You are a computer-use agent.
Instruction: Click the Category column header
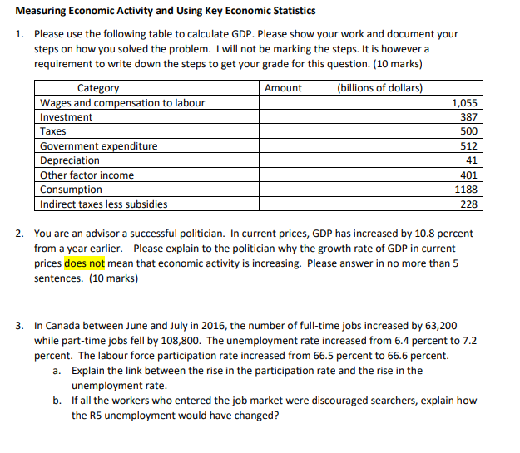(x=98, y=88)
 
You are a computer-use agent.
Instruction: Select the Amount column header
(x=283, y=88)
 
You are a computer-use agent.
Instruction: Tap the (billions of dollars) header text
(x=379, y=88)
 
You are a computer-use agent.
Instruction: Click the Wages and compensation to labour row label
(x=122, y=103)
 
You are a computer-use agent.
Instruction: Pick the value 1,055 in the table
(x=464, y=103)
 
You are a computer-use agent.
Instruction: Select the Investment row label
(x=67, y=117)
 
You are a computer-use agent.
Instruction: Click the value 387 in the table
(x=469, y=117)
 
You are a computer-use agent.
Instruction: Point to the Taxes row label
(x=54, y=131)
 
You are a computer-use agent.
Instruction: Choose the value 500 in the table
(x=469, y=131)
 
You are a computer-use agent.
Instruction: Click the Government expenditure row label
(x=99, y=146)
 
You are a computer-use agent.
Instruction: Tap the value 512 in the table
(x=469, y=146)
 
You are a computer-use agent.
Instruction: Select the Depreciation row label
(x=70, y=160)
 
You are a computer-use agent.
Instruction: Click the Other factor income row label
(x=87, y=175)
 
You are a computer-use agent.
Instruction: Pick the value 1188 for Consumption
(x=467, y=190)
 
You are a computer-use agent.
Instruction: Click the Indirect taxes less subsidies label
(x=104, y=204)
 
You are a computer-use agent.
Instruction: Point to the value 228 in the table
(x=469, y=204)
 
